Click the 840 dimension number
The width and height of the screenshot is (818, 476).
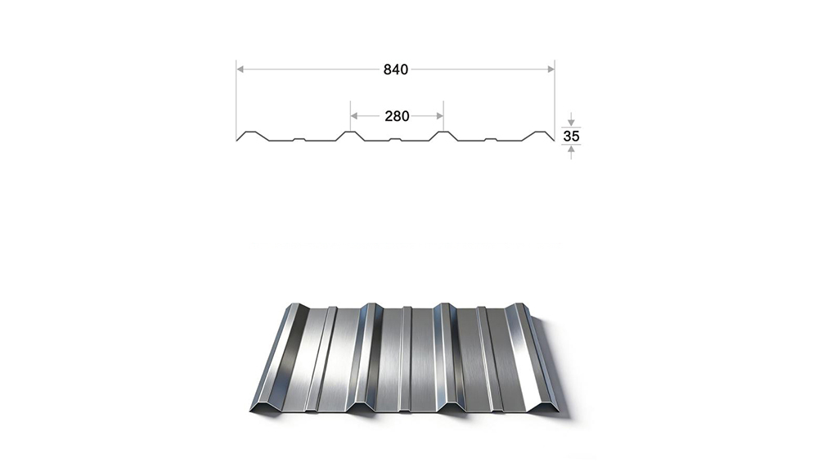coord(395,70)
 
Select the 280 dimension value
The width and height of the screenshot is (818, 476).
coord(397,116)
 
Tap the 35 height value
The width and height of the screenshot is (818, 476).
coord(571,136)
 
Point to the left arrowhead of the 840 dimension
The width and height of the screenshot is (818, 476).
coord(240,69)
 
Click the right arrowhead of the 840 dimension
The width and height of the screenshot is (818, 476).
coord(551,69)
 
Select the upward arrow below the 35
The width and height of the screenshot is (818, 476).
coord(571,152)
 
